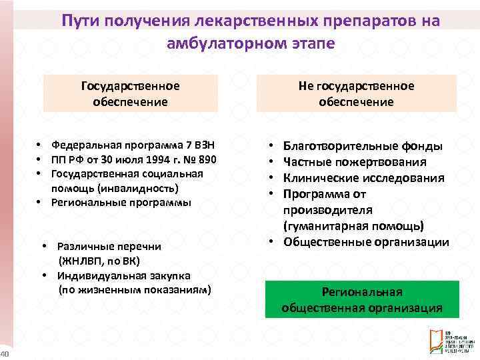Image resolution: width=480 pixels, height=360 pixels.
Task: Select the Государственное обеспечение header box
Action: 131,94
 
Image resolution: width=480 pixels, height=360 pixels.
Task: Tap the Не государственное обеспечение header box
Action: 356,94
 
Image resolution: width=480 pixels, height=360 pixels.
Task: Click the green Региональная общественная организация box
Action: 362,300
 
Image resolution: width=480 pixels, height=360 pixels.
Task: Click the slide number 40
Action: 3,353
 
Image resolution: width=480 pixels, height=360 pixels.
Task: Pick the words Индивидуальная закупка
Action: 123,275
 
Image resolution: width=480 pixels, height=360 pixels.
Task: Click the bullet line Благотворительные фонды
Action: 362,145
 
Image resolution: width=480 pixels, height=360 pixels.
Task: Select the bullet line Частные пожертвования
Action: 355,161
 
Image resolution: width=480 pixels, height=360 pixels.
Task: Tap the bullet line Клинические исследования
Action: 363,177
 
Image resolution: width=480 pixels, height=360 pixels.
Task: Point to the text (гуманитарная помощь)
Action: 353,226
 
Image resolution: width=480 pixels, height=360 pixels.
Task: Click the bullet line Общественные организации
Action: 366,242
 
